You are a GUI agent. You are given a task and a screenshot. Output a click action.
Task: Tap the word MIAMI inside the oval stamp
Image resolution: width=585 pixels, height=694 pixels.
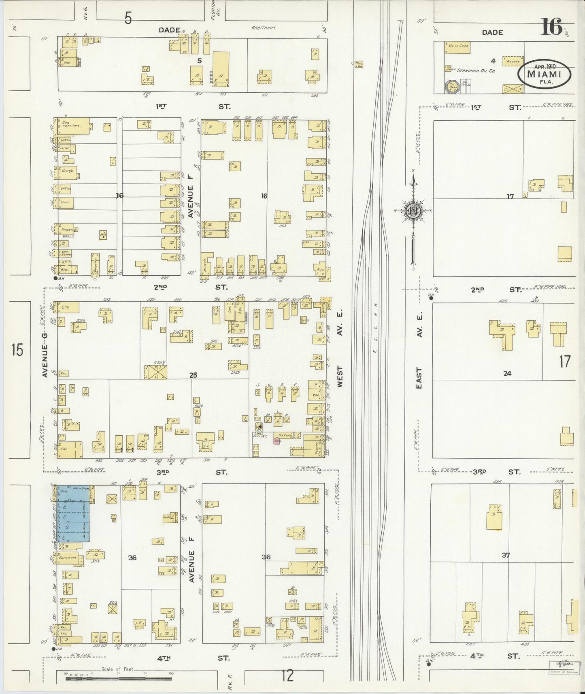coord(544,75)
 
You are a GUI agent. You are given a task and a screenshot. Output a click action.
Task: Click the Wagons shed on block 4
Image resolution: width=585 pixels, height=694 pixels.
coord(512,61)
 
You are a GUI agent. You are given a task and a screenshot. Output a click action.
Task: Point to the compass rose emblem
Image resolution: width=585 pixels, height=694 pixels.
coord(413,211)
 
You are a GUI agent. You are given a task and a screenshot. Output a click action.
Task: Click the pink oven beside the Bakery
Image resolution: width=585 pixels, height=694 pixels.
coord(277,441)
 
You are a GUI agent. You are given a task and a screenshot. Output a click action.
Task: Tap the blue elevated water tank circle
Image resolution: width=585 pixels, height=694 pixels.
coord(259,432)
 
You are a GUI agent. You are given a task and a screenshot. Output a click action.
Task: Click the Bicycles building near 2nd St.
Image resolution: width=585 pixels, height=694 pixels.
coord(96,265)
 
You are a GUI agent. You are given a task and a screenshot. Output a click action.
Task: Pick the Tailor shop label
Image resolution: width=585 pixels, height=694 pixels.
coord(65,149)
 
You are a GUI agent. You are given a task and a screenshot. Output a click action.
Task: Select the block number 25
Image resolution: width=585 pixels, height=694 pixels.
coord(193,375)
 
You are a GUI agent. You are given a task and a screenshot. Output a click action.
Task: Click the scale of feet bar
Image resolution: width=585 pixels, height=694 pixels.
coord(117,677)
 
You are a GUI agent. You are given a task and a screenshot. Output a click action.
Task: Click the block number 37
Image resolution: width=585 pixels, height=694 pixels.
coord(506,555)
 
